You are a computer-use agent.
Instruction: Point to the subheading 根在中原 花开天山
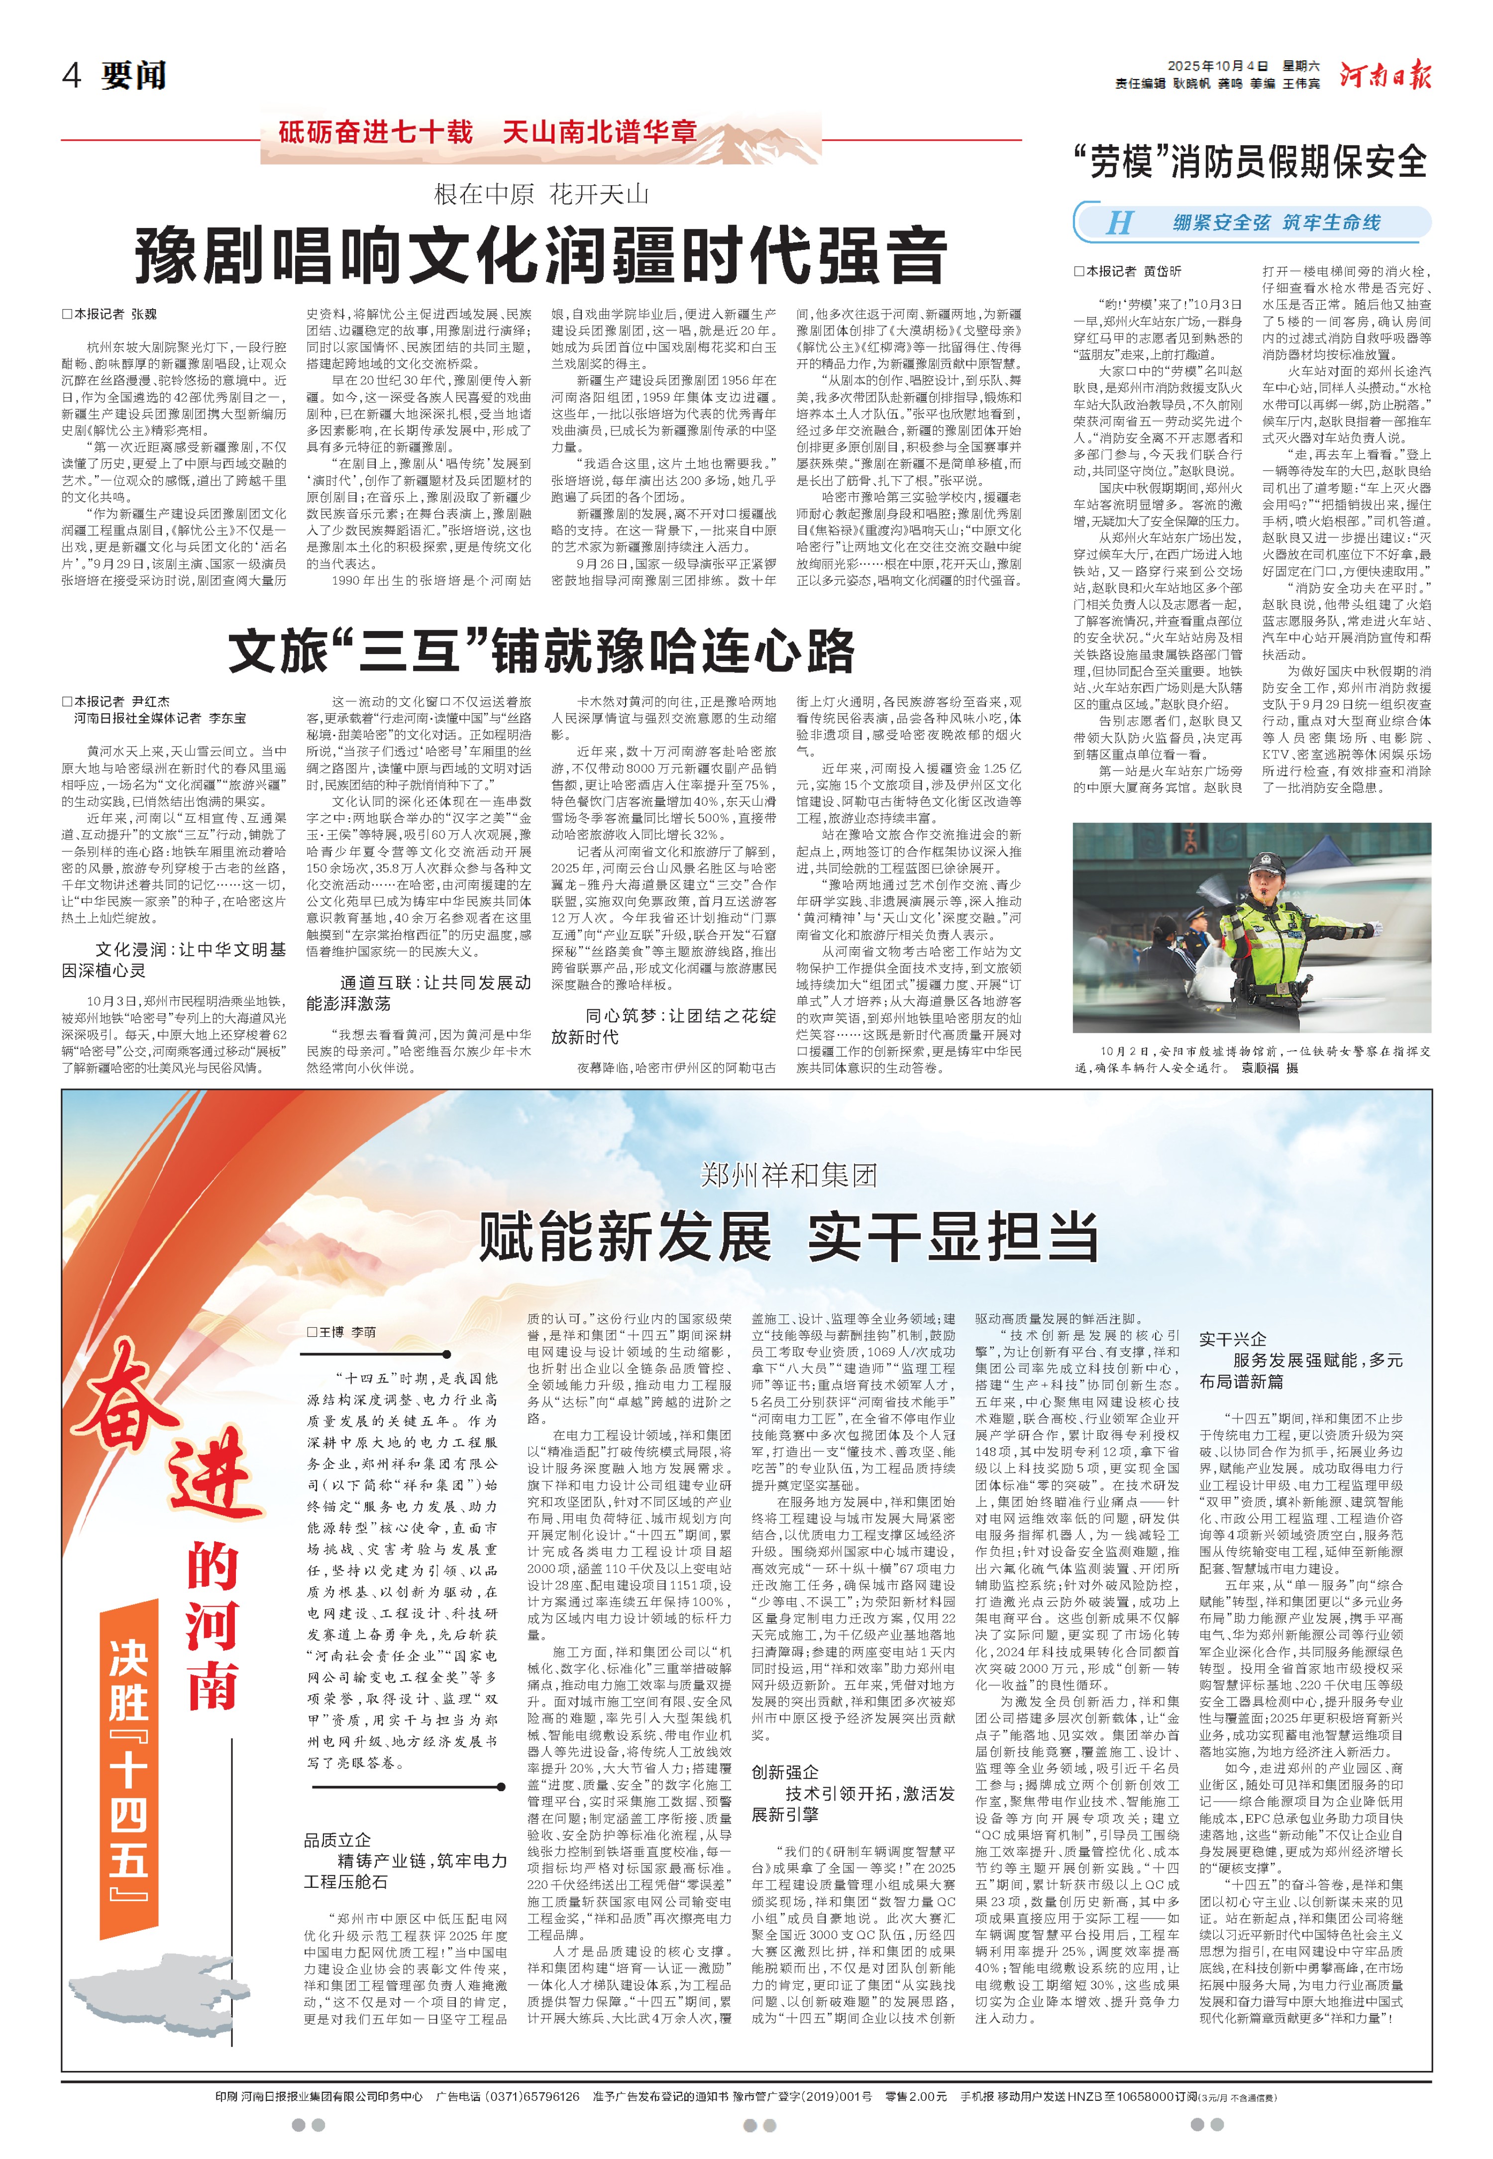pos(540,195)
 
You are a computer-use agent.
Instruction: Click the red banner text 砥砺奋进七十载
pos(376,132)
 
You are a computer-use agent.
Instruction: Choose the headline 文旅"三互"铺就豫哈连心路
pos(540,651)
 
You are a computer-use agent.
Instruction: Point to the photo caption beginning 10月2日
pos(1252,1059)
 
